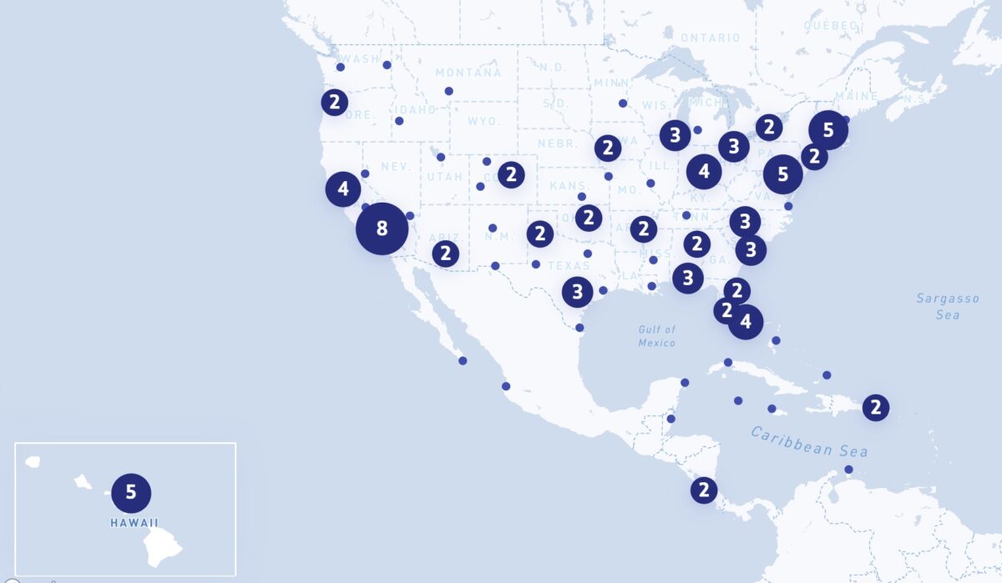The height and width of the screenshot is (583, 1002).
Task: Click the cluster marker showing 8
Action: [x=382, y=228]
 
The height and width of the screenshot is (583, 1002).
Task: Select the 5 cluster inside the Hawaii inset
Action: [x=131, y=492]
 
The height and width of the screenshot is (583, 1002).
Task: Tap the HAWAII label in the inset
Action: [x=134, y=524]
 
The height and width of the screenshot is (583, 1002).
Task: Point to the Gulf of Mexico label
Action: [x=657, y=336]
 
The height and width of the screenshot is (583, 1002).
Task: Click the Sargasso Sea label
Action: [x=938, y=306]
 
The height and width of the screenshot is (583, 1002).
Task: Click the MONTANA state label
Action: [x=468, y=73]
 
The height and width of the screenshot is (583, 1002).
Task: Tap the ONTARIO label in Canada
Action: [x=710, y=38]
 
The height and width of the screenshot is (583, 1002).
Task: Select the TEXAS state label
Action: [x=569, y=266]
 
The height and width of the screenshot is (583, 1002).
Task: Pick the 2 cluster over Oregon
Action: [x=334, y=103]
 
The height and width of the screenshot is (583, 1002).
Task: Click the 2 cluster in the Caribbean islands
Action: [x=875, y=407]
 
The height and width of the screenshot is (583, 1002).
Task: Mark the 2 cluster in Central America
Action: [x=704, y=490]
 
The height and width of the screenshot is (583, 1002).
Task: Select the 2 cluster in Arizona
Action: [x=446, y=254]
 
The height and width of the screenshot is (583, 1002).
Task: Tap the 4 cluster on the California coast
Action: [x=343, y=189]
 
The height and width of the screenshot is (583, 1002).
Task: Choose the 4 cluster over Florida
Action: [x=746, y=320]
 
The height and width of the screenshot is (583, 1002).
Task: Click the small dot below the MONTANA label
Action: [x=448, y=91]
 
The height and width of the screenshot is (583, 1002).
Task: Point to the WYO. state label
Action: [x=483, y=122]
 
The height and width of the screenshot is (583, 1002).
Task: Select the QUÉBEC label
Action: [x=832, y=25]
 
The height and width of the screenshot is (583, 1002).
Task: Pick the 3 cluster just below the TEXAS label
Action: [x=577, y=292]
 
